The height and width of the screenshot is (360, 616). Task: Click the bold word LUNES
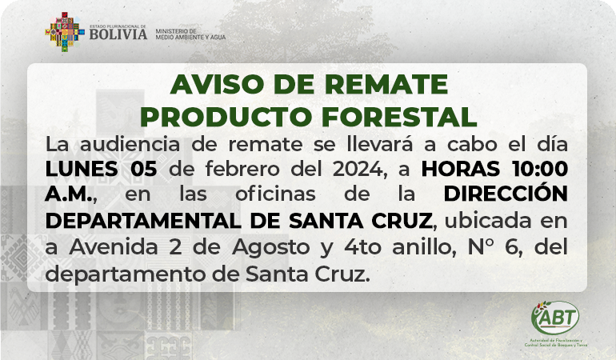click(x=82, y=169)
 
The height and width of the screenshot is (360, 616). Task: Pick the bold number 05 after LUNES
click(x=144, y=169)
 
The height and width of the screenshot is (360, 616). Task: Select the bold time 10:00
click(x=540, y=169)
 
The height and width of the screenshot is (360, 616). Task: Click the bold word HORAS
click(x=461, y=169)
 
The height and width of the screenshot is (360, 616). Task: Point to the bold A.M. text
click(x=70, y=194)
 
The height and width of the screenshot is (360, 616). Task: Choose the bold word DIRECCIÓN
click(x=506, y=193)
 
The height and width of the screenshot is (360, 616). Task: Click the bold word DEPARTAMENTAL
click(x=143, y=221)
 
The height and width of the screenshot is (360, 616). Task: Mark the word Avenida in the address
click(x=114, y=247)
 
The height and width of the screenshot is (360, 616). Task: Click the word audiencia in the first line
click(x=130, y=144)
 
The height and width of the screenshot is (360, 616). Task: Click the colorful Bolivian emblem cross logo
click(x=65, y=32)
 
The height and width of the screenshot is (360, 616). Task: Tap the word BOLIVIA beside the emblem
click(x=118, y=34)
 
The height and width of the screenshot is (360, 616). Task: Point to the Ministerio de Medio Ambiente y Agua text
click(x=190, y=34)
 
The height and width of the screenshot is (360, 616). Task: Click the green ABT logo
click(x=555, y=318)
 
